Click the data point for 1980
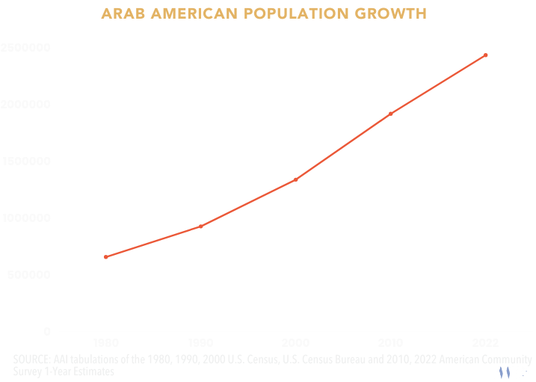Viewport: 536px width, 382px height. coord(105,257)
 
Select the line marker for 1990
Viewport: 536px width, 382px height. coord(200,226)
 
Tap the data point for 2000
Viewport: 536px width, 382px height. coord(296,179)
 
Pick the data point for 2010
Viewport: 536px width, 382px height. coord(391,114)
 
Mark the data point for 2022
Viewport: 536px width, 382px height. coord(486,55)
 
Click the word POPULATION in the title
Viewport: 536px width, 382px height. coord(283,13)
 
